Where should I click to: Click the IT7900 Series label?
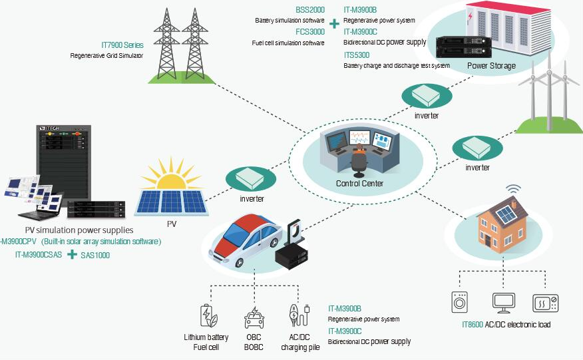tap(122, 45)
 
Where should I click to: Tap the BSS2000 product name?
tap(310, 10)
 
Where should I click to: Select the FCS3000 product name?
tap(310, 31)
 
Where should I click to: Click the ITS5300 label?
tap(357, 55)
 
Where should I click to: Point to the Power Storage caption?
tap(491, 66)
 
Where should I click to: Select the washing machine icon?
tap(460, 303)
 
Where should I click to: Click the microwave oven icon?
tap(545, 303)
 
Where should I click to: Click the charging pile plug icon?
tap(295, 315)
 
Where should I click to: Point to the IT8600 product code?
tap(473, 325)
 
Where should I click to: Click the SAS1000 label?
tap(97, 255)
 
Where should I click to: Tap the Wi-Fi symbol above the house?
tap(512, 190)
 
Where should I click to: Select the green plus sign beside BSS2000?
tap(333, 23)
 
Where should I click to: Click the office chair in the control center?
tap(359, 160)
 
